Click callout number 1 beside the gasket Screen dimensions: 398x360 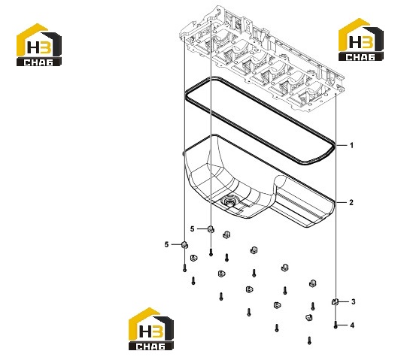tap(351, 146)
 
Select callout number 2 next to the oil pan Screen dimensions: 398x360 tap(351, 203)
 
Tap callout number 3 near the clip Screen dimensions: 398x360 tap(354, 301)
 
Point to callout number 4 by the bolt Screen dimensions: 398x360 tap(352, 325)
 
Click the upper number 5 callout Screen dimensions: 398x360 tap(192, 229)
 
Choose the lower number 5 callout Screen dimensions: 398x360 tap(166, 244)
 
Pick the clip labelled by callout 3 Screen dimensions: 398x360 tap(335, 301)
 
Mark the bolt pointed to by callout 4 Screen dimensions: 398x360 tap(336, 325)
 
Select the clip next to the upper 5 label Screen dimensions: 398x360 tap(211, 229)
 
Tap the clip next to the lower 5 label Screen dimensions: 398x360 tap(185, 245)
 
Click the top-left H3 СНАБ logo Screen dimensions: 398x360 tap(39, 45)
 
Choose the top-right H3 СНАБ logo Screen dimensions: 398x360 tap(361, 40)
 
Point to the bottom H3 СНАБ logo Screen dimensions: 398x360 tap(151, 329)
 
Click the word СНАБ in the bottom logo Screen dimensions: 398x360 tap(150, 346)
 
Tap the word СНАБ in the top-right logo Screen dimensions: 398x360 tap(360, 57)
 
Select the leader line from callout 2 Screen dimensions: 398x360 tap(341, 203)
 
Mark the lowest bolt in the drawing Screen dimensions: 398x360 tap(309, 340)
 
